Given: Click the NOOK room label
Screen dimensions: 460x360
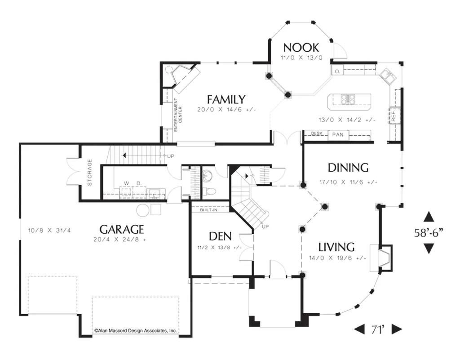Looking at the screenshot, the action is (301, 48).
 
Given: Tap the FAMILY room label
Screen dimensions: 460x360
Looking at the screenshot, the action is (226, 100).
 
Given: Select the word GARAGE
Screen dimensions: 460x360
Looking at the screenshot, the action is (121, 229).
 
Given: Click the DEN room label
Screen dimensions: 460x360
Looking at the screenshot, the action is (220, 236).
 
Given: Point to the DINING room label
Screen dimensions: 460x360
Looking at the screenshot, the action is (348, 168).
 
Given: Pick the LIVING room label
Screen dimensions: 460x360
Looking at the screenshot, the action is (336, 247).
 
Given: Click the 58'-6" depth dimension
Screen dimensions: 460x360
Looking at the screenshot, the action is (429, 233).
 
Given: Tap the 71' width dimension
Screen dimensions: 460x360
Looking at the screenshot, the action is (378, 329).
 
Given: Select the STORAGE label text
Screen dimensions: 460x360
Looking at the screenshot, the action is (89, 172).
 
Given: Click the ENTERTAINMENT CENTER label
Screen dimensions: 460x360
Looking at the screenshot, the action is (178, 115).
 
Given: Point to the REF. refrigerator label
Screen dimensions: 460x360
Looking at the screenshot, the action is (394, 116).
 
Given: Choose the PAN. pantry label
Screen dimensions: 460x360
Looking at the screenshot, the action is (338, 135).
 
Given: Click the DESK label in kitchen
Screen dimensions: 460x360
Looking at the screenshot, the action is (317, 133).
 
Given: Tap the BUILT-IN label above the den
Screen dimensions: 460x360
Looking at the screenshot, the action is (208, 210).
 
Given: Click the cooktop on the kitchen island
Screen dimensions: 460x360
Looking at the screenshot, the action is (348, 99).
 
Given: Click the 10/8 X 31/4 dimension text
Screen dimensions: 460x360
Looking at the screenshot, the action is (49, 230).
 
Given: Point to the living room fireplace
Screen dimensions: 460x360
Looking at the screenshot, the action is (381, 258).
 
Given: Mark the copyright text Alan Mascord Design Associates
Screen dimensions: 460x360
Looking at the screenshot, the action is (136, 330).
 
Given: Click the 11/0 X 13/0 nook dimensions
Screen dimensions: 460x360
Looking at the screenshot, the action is (301, 58).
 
